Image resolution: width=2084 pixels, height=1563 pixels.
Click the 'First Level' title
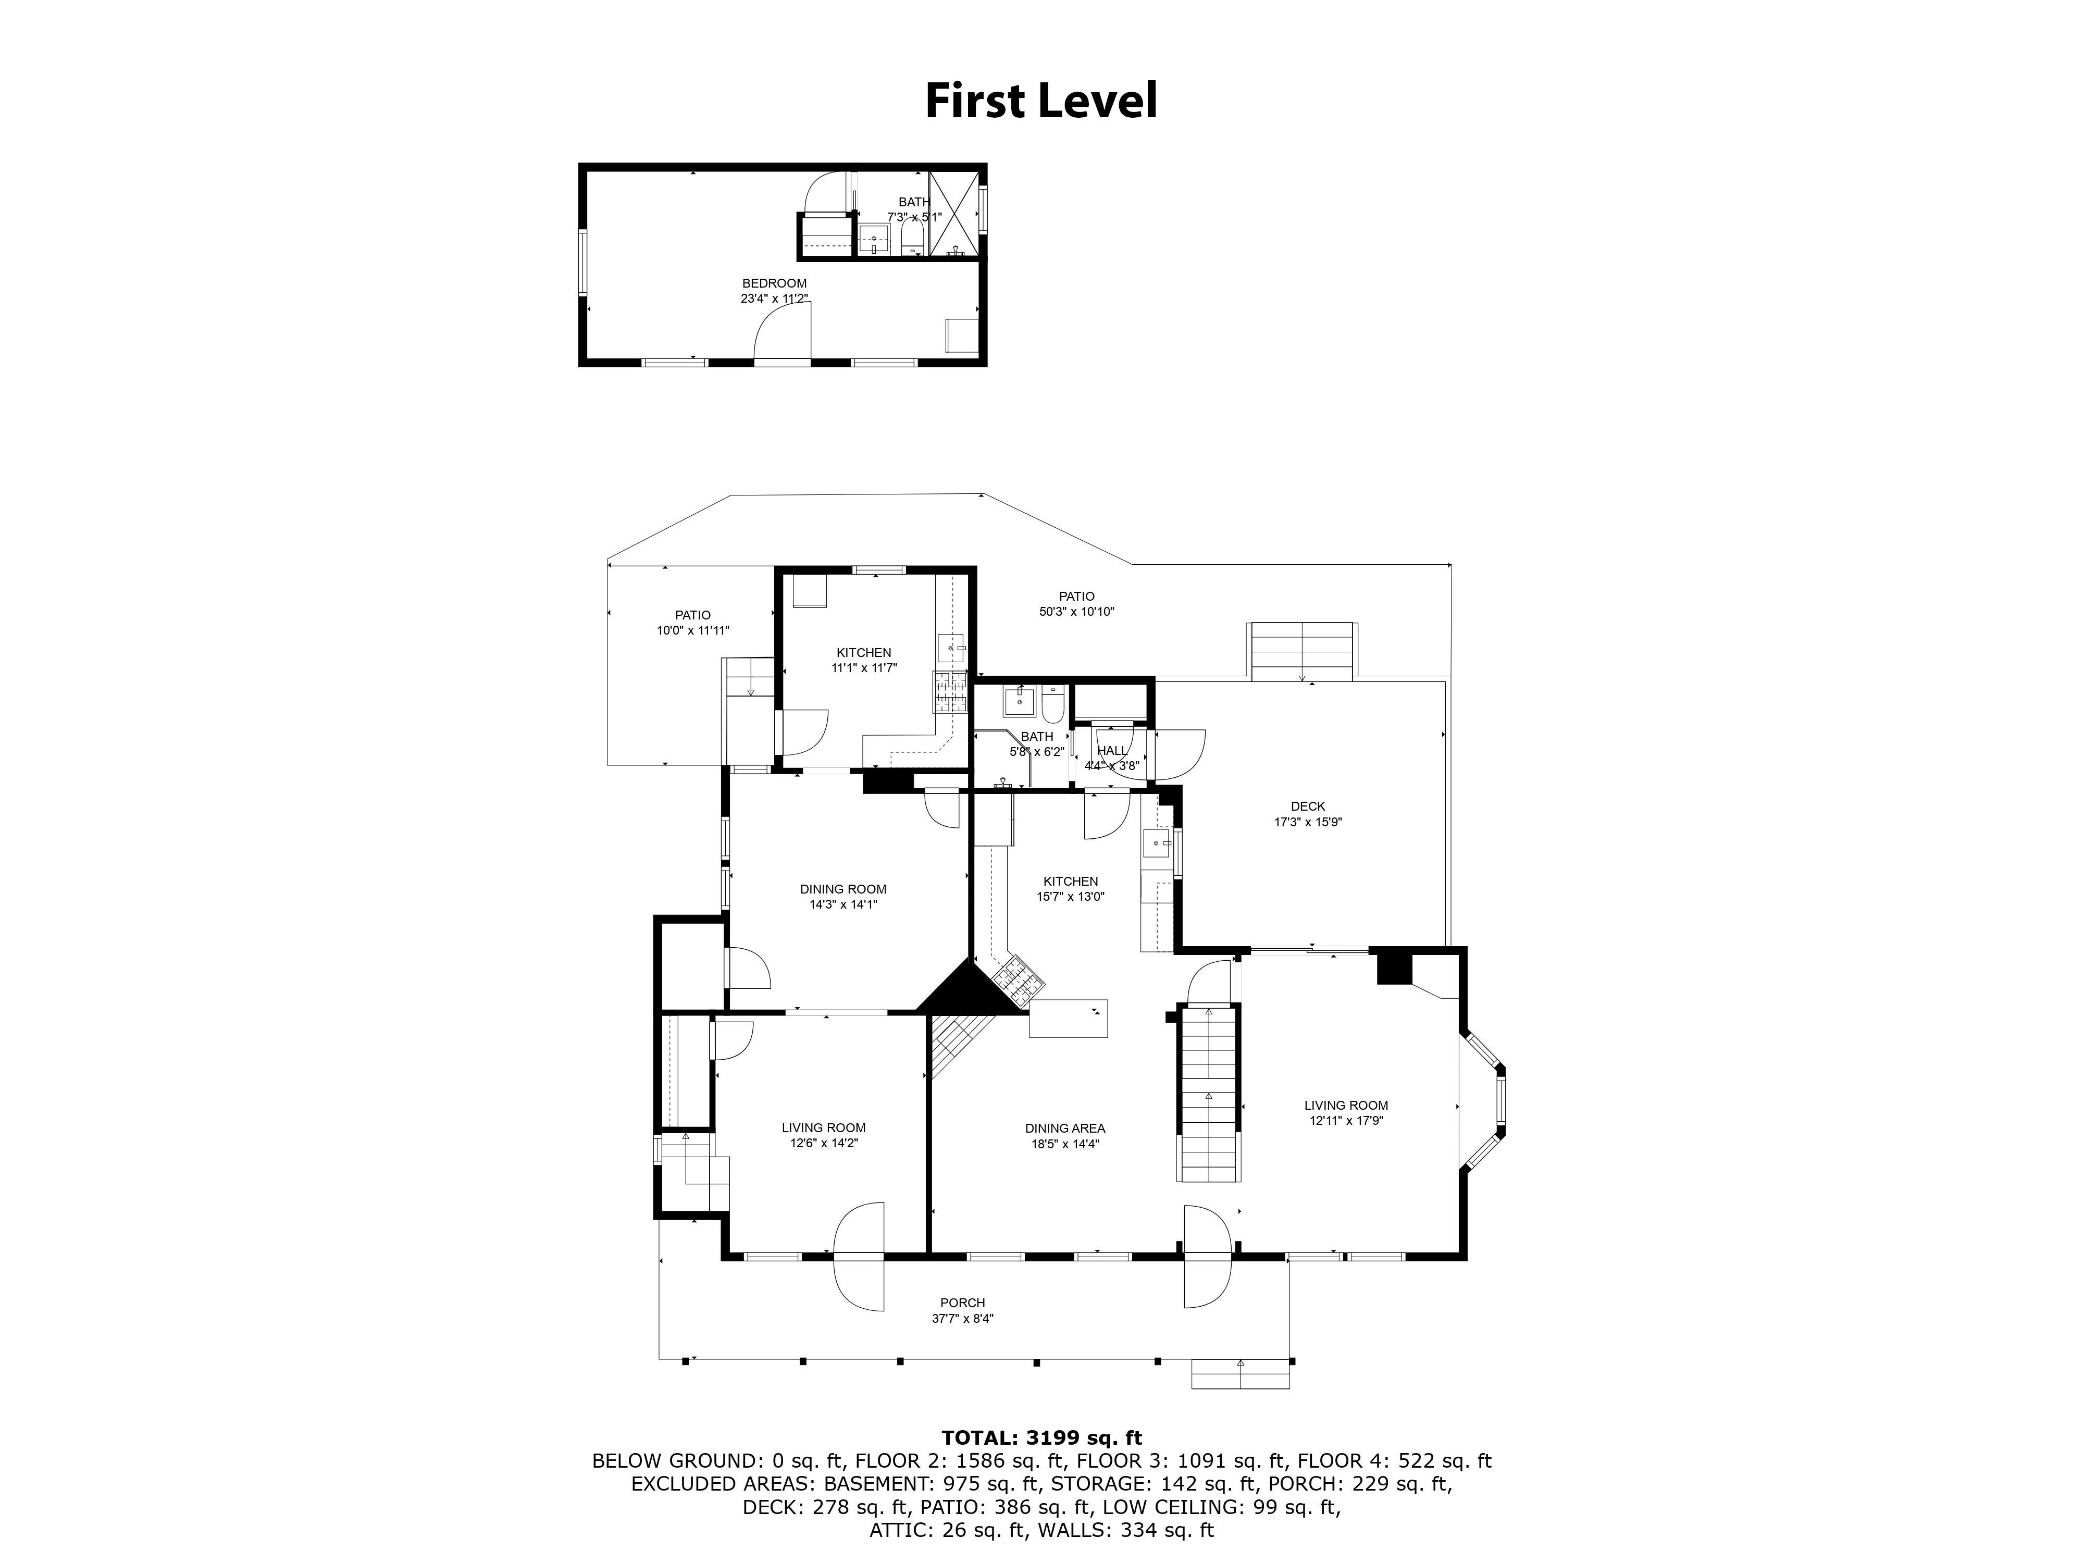click(1041, 101)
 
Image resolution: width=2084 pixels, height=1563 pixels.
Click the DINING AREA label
click(1065, 1128)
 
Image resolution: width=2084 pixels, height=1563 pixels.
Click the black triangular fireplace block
click(971, 989)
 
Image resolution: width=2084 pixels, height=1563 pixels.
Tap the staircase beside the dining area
click(1208, 1093)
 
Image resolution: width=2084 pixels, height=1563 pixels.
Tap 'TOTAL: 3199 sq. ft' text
click(1041, 1437)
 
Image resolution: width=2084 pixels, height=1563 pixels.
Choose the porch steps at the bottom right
click(1240, 1374)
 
